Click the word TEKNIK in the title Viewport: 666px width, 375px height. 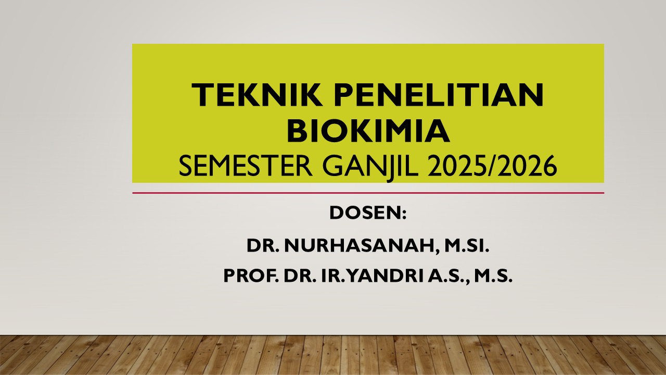pos(257,95)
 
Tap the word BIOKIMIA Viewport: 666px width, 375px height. pos(368,131)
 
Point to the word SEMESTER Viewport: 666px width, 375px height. pos(245,166)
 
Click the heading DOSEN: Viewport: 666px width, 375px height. pos(368,213)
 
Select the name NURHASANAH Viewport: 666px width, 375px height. pos(360,246)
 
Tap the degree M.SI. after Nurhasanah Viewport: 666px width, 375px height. pos(467,246)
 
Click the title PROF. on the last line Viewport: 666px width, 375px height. pos(251,276)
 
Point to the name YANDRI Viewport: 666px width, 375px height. pos(387,276)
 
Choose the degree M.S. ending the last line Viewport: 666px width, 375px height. pos(493,276)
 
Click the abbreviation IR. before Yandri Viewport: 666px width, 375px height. pos(332,276)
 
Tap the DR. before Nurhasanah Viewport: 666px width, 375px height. pos(263,246)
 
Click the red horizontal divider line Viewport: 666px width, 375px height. pos(368,193)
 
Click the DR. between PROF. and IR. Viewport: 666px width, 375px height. pos(299,276)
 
